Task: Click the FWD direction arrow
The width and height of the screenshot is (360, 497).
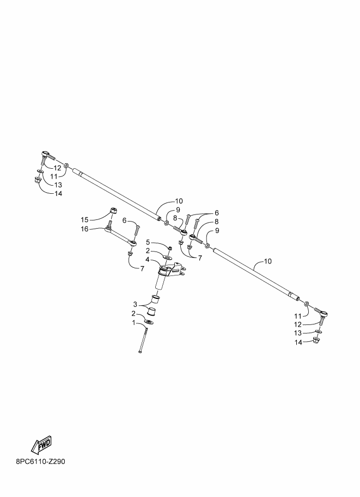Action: tap(41, 445)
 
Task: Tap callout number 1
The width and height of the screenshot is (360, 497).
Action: tap(134, 323)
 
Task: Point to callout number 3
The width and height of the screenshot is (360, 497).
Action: tap(135, 305)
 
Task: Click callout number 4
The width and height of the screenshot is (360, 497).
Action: tap(148, 260)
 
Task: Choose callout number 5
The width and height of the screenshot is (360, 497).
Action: tap(148, 242)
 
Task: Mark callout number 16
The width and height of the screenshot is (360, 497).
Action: tap(84, 229)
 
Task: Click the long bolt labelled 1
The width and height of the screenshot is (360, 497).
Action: tap(143, 341)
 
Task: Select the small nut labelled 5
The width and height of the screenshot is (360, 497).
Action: tap(170, 248)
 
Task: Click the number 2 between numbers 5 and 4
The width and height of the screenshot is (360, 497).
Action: tap(148, 251)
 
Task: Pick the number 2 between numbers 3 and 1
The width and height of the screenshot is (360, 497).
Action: tap(134, 314)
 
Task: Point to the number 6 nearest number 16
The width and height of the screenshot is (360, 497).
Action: tap(124, 220)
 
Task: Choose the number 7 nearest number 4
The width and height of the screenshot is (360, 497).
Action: tap(142, 269)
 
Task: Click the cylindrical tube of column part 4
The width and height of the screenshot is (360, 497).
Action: tap(161, 279)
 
